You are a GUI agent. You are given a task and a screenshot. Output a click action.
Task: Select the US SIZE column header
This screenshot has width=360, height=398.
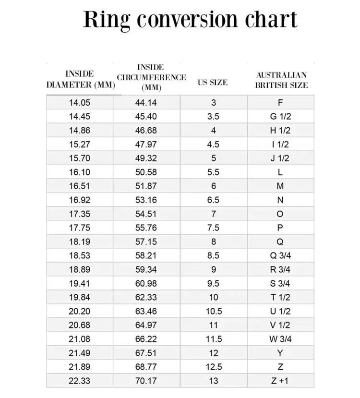[x=213, y=82]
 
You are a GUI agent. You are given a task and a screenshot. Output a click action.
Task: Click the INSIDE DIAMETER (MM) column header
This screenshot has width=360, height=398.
[x=80, y=79]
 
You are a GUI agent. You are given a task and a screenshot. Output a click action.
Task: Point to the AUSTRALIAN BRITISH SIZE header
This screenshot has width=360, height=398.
[x=281, y=80]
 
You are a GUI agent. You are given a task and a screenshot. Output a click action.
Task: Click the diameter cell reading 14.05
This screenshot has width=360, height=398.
[x=80, y=102]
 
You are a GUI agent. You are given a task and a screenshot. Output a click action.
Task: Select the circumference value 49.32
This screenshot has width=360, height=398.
[x=146, y=158]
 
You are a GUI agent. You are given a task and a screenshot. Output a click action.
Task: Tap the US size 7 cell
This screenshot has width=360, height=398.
[x=214, y=214]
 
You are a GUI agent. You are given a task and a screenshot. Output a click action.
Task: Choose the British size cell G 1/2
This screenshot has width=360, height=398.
[x=280, y=116]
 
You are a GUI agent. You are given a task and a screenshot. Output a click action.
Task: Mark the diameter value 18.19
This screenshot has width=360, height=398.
[x=80, y=241]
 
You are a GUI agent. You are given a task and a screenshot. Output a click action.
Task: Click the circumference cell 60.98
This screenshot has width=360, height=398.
[x=146, y=283]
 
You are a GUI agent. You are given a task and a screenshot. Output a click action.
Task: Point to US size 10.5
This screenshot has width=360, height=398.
[x=214, y=311]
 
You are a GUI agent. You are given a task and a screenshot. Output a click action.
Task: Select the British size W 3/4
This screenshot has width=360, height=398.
[x=280, y=339]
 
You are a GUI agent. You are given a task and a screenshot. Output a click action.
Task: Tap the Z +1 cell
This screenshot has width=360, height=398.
[x=280, y=381]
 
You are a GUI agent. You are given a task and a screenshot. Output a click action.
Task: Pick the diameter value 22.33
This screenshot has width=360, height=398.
[x=80, y=381]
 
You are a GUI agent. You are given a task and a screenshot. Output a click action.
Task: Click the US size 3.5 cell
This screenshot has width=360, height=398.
[x=214, y=116]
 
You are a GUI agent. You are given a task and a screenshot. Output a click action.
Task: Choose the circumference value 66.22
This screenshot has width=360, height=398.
[x=146, y=339]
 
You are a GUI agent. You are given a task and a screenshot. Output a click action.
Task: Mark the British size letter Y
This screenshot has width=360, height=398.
[x=280, y=353]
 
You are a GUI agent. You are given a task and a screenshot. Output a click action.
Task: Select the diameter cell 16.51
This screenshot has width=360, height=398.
[x=80, y=186]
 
